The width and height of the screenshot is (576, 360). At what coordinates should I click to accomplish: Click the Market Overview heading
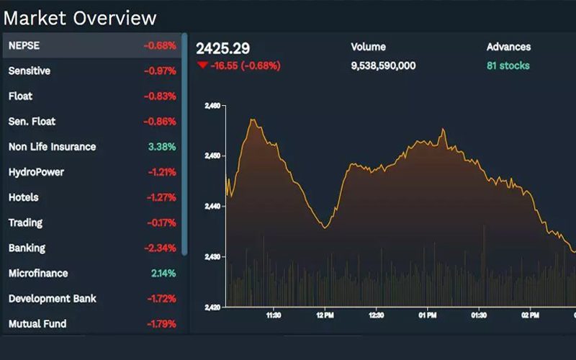80,17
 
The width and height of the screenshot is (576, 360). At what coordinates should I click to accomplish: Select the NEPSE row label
24,45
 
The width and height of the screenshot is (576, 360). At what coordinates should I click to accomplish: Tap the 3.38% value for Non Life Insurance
162,147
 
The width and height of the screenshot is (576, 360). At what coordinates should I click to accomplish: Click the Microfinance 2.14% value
163,274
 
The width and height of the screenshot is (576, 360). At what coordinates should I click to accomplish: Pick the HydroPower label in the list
36,172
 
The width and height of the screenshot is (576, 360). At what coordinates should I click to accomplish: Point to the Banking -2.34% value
160,248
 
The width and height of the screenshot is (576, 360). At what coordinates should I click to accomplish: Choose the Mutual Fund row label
37,324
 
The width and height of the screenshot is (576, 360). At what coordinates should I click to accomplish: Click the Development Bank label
53,299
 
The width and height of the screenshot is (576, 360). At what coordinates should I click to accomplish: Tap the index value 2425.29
223,48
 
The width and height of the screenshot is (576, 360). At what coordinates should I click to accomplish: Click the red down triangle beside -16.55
202,66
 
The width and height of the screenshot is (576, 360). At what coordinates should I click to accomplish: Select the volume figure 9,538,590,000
383,66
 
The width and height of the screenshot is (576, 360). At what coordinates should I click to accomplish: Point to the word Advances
508,47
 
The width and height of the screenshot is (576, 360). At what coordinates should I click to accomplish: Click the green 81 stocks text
508,66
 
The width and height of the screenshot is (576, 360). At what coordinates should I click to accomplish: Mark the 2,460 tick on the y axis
213,106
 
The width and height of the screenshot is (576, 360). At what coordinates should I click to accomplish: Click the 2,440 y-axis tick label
213,207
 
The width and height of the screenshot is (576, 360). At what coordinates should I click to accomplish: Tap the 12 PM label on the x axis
325,315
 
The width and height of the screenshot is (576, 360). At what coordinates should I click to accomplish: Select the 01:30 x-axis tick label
479,315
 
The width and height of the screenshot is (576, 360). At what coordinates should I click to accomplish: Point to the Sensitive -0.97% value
160,71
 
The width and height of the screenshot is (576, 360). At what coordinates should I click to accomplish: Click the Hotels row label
23,197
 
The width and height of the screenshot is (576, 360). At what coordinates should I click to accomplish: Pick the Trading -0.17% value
161,223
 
